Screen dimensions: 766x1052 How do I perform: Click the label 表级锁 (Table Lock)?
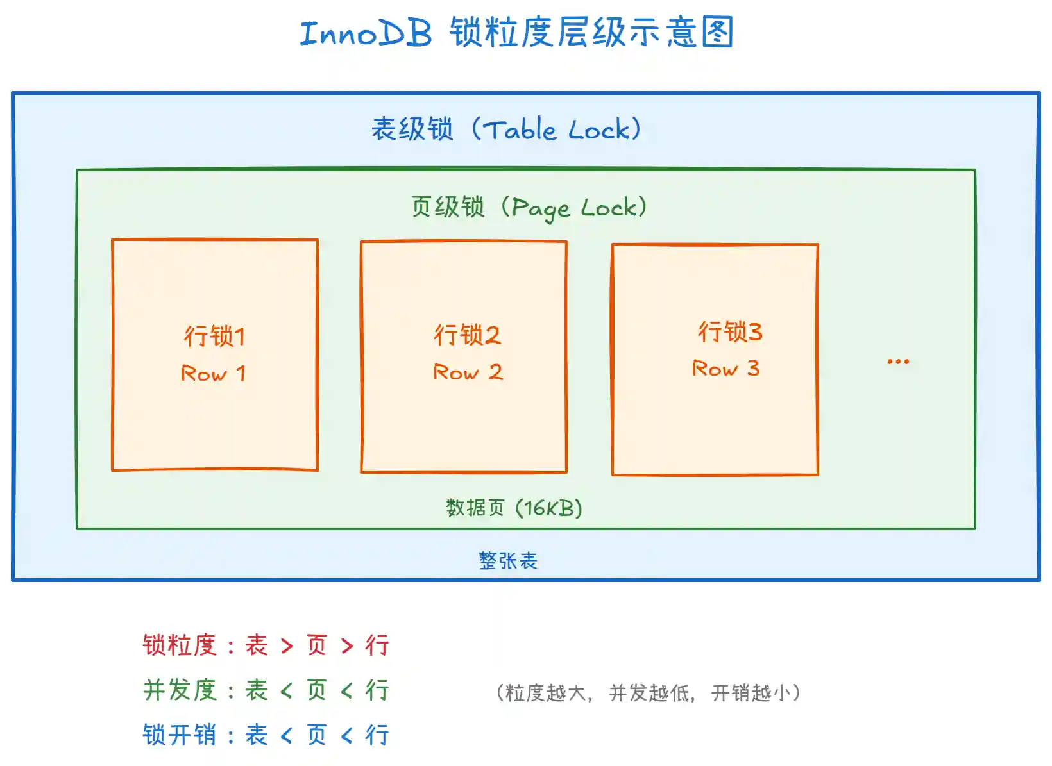[x=506, y=129]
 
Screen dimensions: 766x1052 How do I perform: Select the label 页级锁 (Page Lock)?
[x=529, y=208]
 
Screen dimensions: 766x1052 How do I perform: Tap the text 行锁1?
[x=214, y=337]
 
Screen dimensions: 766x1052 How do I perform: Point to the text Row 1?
[x=214, y=374]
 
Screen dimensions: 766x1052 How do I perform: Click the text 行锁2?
[x=466, y=335]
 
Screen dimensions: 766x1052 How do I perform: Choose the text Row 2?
[x=468, y=372]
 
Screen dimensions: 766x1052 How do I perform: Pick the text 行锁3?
[x=730, y=332]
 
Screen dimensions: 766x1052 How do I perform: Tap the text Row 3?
[x=725, y=369]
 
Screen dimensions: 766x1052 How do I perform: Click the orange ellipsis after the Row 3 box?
[x=897, y=362]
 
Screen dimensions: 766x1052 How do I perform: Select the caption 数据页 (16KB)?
[x=514, y=508]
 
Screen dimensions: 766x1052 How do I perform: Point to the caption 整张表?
[x=508, y=561]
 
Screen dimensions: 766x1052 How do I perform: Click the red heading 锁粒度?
[x=180, y=645]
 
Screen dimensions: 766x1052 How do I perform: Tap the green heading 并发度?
[x=180, y=690]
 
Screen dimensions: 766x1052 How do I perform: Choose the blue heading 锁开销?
[x=180, y=735]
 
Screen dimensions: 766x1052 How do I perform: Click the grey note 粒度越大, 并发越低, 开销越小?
[x=648, y=693]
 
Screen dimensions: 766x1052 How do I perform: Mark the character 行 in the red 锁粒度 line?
[x=377, y=645]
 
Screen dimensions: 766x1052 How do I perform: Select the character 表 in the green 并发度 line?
[x=257, y=690]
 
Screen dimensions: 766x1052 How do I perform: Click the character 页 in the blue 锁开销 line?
[x=317, y=735]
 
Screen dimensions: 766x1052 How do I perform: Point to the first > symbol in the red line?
[x=287, y=646]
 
